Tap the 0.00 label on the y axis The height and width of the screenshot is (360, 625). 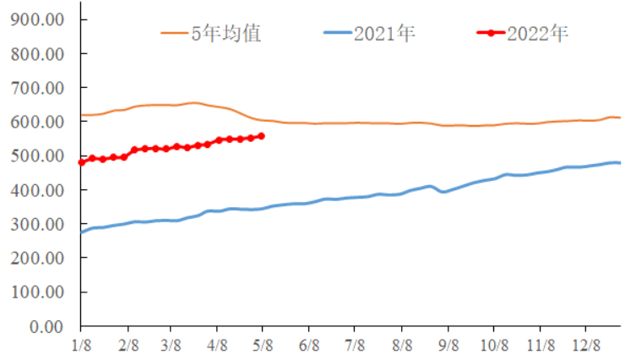pos(49,327)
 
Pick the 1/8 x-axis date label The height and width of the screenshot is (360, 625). pos(81,346)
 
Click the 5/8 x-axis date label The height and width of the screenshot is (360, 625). pos(263,346)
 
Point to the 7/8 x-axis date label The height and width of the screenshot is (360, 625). pos(354,346)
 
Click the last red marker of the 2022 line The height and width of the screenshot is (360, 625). pos(261,135)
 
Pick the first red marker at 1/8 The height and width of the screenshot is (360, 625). pos(82,162)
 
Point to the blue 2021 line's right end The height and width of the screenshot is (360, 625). pos(619,163)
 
